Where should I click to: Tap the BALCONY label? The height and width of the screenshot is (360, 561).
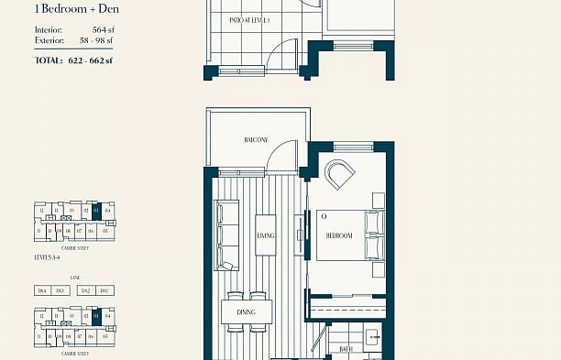pyautogui.click(x=256, y=140)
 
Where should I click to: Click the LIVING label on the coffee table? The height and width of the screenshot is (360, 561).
pyautogui.click(x=266, y=235)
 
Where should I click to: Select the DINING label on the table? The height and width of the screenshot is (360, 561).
pyautogui.click(x=245, y=312)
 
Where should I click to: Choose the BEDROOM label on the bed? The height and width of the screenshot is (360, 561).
pyautogui.click(x=339, y=235)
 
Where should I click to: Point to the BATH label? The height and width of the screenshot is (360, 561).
pyautogui.click(x=346, y=348)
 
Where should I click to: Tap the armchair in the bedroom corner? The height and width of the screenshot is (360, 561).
pyautogui.click(x=341, y=174)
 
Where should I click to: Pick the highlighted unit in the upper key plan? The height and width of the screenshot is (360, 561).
pyautogui.click(x=96, y=211)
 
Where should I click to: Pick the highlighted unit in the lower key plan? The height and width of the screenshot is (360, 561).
pyautogui.click(x=96, y=315)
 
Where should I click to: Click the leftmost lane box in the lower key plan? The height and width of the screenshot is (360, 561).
pyautogui.click(x=41, y=290)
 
